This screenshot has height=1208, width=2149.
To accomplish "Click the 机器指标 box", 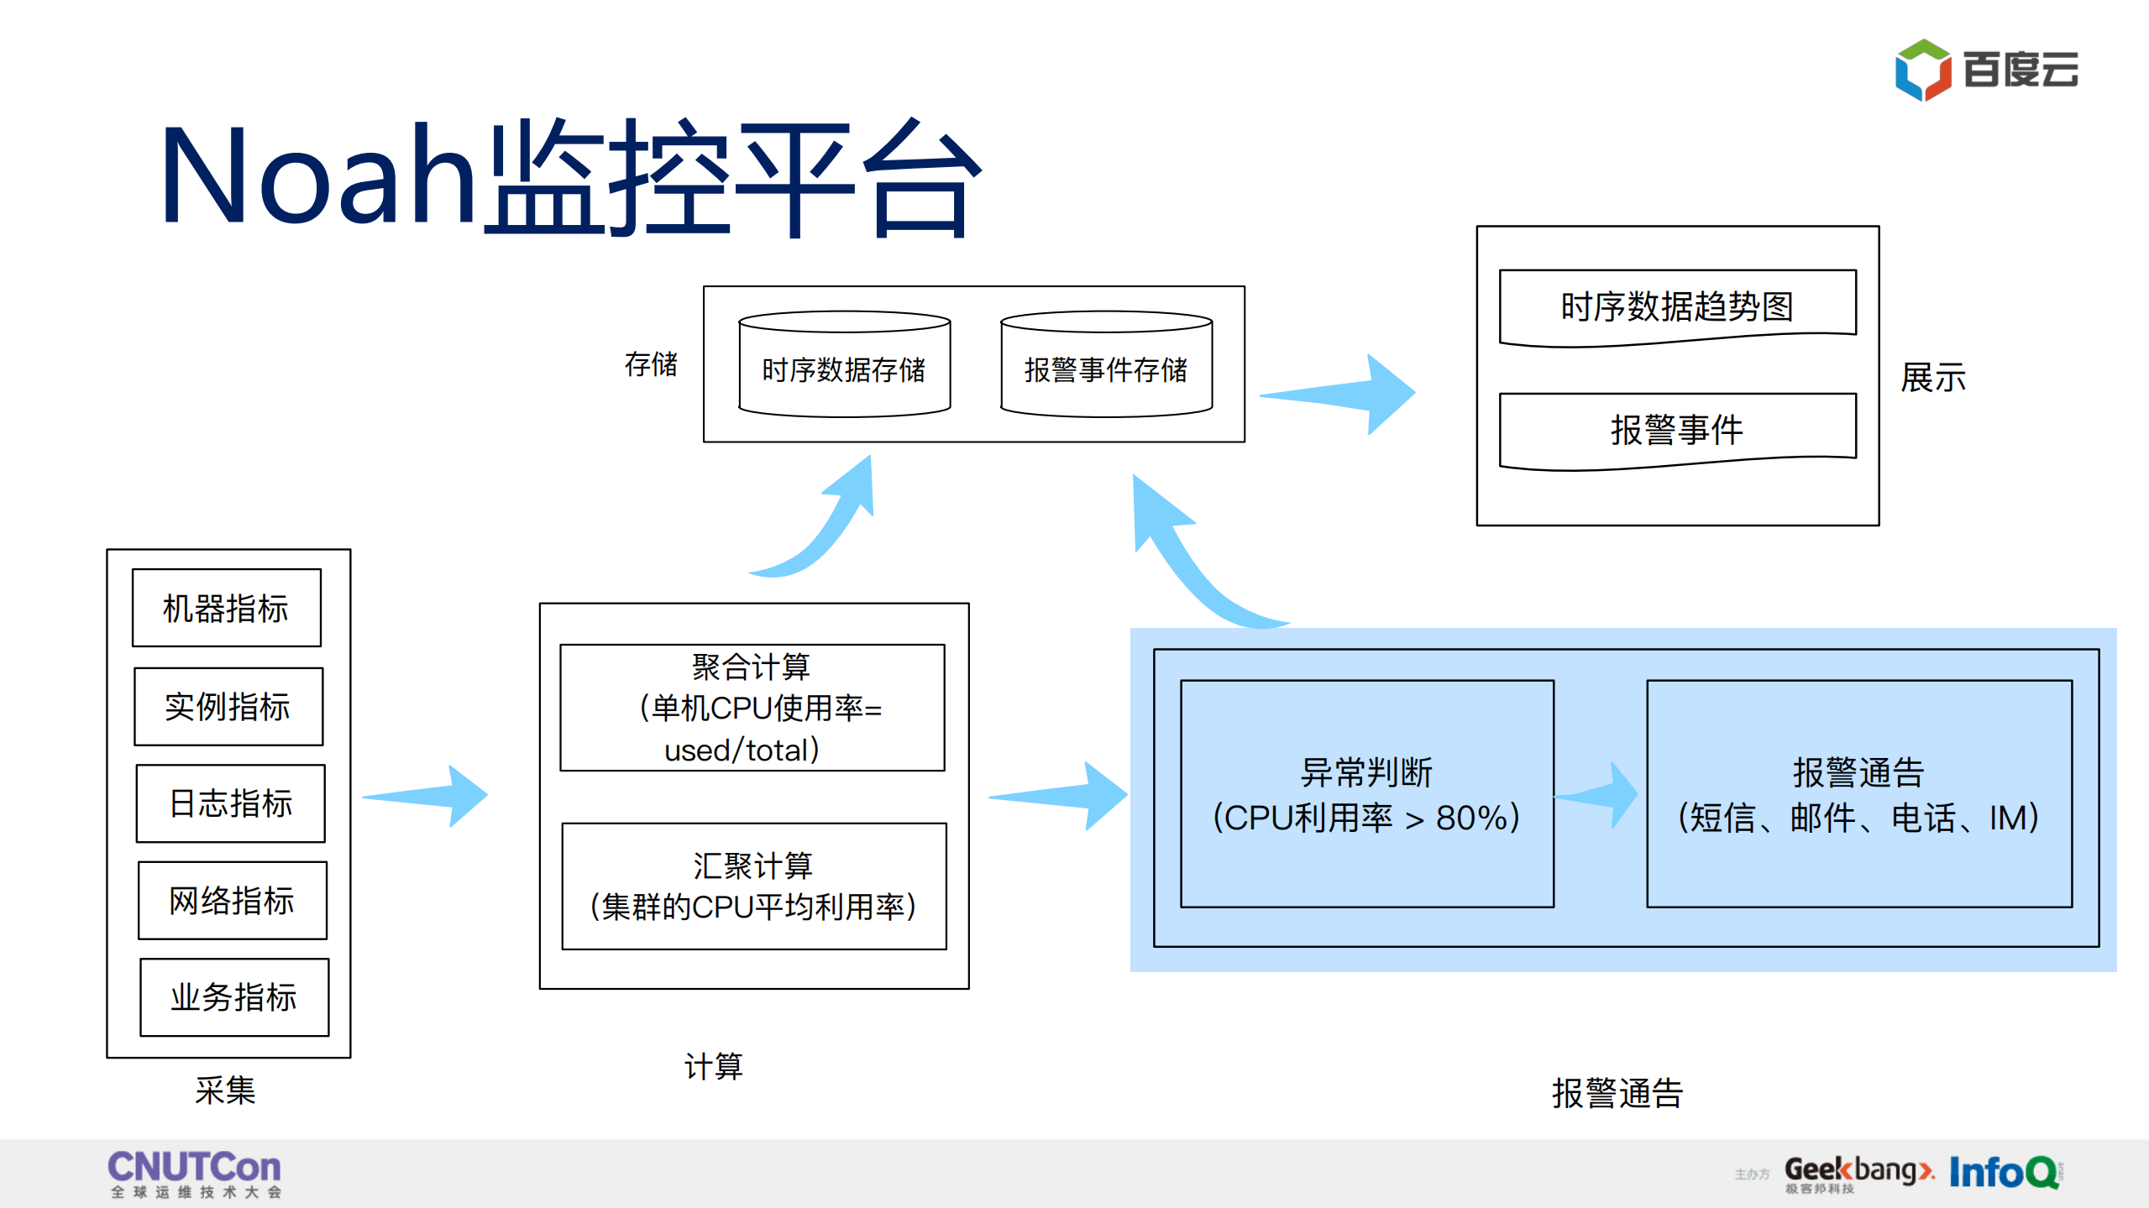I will coord(226,608).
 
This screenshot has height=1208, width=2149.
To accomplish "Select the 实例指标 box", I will coord(228,706).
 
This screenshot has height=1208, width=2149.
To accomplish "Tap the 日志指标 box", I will coord(230,803).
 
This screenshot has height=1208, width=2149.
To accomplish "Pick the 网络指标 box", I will coord(232,900).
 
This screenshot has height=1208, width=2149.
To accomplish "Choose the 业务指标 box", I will coord(233,996).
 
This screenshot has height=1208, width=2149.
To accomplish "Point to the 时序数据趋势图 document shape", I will coord(1677,306).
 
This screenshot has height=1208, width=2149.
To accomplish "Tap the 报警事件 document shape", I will coord(1677,429).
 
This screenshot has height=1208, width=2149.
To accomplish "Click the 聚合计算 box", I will coord(752,707).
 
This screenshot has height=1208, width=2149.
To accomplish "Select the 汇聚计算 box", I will coord(753,886).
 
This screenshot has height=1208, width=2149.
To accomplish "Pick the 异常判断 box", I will coord(1366,793).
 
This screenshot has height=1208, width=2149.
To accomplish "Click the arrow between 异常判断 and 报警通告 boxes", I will coord(1599,795).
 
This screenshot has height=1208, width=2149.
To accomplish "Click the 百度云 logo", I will coord(1985,70).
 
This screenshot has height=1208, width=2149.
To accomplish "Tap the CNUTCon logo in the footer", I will coord(194,1173).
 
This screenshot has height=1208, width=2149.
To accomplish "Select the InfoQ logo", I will coord(2004,1172).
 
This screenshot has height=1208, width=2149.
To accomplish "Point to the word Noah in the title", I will coord(317,175).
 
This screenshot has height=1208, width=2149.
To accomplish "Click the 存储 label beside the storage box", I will coord(650,364).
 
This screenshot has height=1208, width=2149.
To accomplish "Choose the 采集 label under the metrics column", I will coord(224,1090).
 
